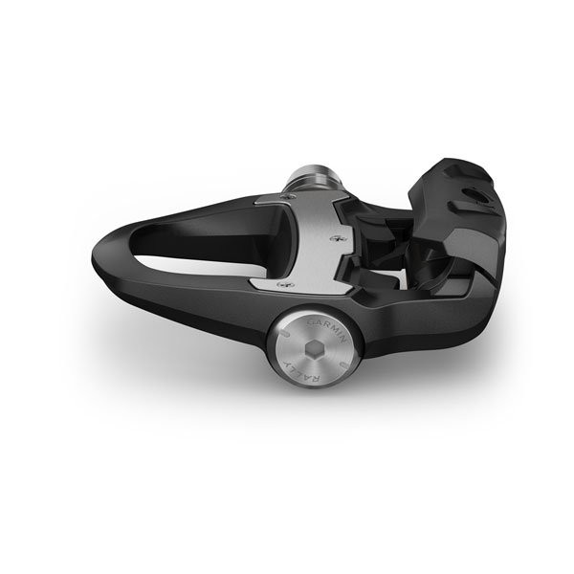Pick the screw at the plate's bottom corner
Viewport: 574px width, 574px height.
pos(279,285)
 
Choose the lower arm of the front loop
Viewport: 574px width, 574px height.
pos(191,287)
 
